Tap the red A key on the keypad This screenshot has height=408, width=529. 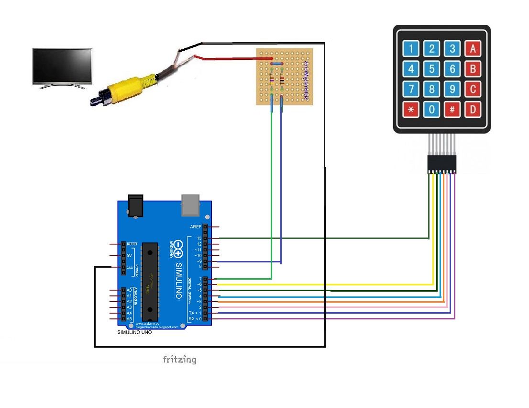[473, 48]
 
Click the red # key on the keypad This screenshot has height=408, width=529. [452, 110]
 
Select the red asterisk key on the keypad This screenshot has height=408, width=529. [411, 110]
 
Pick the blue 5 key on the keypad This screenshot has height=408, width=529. [431, 69]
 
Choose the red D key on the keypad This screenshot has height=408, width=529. [473, 110]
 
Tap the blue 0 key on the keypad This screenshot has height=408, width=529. [431, 110]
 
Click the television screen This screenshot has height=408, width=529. [62, 66]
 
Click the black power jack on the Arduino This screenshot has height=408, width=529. [136, 204]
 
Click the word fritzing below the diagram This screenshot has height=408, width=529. [179, 359]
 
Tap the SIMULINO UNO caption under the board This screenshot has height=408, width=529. [134, 332]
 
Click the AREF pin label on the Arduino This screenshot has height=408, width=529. [196, 227]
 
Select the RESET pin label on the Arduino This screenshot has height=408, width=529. [132, 244]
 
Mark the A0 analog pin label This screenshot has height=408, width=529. [129, 290]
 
